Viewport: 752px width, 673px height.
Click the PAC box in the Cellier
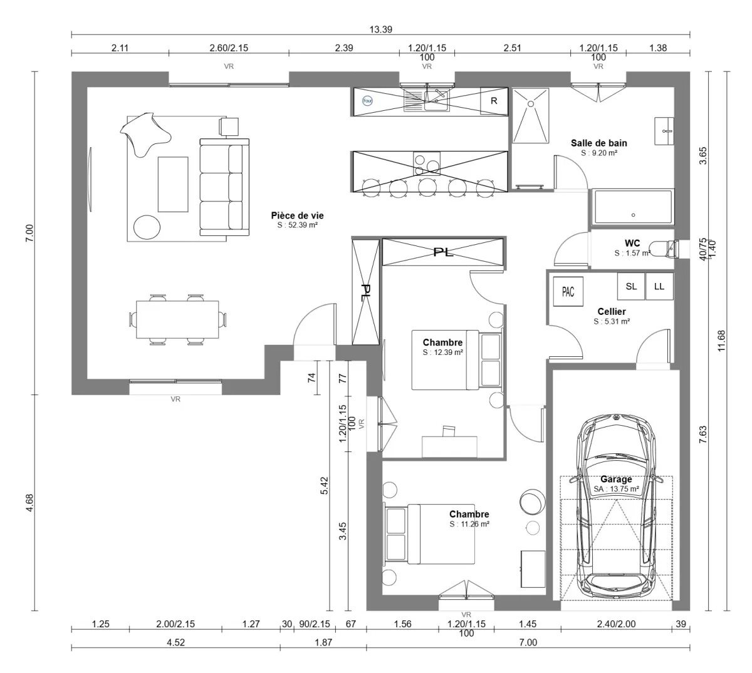click(568, 292)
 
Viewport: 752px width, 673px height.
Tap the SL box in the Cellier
click(631, 286)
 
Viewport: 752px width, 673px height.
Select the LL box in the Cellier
click(659, 286)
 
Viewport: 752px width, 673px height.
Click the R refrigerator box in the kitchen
click(494, 101)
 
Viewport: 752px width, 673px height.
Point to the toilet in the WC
click(663, 249)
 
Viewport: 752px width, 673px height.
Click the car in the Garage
click(617, 507)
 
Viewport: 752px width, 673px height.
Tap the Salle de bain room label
click(598, 143)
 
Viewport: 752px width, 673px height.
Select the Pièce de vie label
click(297, 215)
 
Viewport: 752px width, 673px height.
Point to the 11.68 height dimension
click(720, 341)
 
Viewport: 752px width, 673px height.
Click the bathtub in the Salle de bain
click(632, 207)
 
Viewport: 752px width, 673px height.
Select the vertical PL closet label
click(366, 292)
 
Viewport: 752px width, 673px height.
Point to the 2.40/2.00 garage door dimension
click(616, 624)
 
